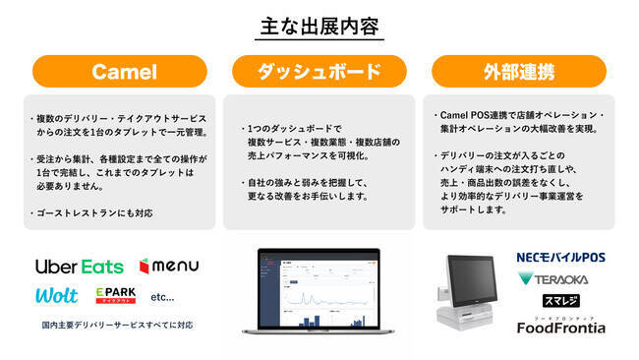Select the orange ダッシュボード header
point(320,71)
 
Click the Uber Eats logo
point(80,267)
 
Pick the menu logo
point(169,266)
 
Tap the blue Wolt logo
point(56,296)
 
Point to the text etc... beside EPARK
point(162,296)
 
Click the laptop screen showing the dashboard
point(319,290)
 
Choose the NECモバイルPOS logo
point(561,258)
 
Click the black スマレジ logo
point(561,301)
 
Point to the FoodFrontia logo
point(561,326)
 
